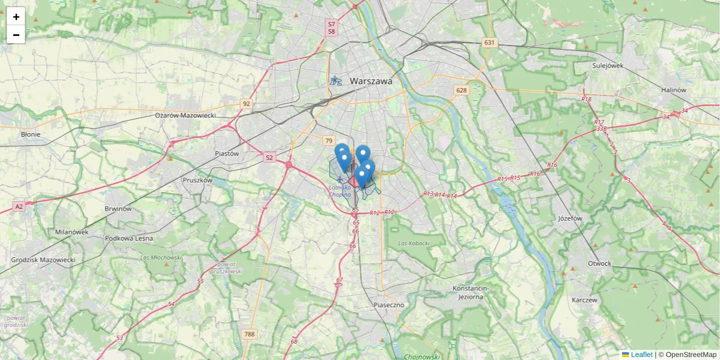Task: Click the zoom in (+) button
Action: pyautogui.click(x=16, y=17)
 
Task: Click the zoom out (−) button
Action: pyautogui.click(x=16, y=35)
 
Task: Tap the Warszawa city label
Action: pyautogui.click(x=371, y=81)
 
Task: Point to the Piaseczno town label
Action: pyautogui.click(x=388, y=305)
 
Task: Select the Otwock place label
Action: pyautogui.click(x=599, y=263)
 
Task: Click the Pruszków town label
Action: pyautogui.click(x=197, y=179)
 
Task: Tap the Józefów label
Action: pyautogui.click(x=570, y=218)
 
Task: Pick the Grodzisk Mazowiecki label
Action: pyautogui.click(x=43, y=260)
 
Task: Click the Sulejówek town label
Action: pyautogui.click(x=608, y=65)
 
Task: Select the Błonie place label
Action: pyautogui.click(x=31, y=134)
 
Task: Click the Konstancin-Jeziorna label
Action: pyautogui.click(x=470, y=292)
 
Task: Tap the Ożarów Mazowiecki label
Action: pyautogui.click(x=185, y=115)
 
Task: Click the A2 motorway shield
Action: pyautogui.click(x=19, y=206)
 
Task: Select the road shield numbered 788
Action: pyautogui.click(x=249, y=334)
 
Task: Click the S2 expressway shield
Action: pyautogui.click(x=269, y=158)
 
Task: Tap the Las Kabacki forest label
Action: pyautogui.click(x=414, y=243)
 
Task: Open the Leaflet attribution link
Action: pyautogui.click(x=641, y=355)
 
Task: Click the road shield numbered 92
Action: pyautogui.click(x=246, y=104)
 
